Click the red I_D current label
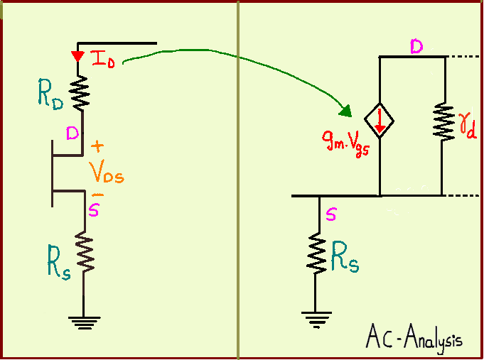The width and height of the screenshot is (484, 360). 104,59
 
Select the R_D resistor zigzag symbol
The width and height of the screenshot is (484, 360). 79,92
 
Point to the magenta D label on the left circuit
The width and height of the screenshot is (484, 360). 72,132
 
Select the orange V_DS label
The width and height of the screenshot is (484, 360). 106,172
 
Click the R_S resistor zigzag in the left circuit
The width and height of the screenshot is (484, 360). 84,252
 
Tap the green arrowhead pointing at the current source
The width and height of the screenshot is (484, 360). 345,111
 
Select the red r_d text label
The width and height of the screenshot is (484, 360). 467,128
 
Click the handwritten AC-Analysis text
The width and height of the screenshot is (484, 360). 414,337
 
